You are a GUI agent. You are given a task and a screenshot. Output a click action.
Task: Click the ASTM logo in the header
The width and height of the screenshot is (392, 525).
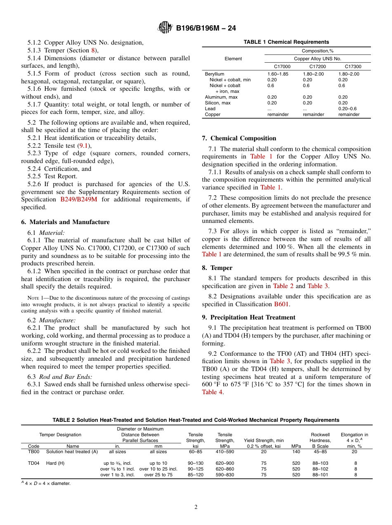pos(165,28)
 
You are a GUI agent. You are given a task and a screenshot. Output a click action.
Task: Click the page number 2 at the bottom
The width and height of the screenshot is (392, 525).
pos(196,507)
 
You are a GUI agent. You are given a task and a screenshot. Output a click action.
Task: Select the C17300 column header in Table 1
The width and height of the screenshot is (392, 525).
pos(353,66)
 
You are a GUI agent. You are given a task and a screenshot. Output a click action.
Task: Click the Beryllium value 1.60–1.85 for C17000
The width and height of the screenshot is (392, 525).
pos(278,74)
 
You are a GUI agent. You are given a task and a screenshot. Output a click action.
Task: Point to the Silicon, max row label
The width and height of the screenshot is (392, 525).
pos(218,103)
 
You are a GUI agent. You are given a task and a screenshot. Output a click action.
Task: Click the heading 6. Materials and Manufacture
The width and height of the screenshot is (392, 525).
pos(65,222)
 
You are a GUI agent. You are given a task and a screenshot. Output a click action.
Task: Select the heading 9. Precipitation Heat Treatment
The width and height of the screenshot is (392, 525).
pos(248,317)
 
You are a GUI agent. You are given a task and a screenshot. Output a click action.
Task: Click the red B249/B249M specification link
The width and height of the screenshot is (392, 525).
pos(78,199)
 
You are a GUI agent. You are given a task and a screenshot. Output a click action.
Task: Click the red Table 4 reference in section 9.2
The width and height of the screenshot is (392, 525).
pos(212,392)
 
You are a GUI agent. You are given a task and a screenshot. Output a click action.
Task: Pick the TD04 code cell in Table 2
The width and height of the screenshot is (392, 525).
pos(33,463)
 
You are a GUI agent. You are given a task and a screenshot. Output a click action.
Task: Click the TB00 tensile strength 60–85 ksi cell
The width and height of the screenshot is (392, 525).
pos(196,452)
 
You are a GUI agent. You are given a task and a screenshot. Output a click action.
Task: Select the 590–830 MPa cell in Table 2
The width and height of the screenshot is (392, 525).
pos(225,475)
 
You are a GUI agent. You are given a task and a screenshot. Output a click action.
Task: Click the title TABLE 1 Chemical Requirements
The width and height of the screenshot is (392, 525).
pos(286,42)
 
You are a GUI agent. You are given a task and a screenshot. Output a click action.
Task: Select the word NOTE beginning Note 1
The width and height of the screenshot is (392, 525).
pos(33,298)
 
